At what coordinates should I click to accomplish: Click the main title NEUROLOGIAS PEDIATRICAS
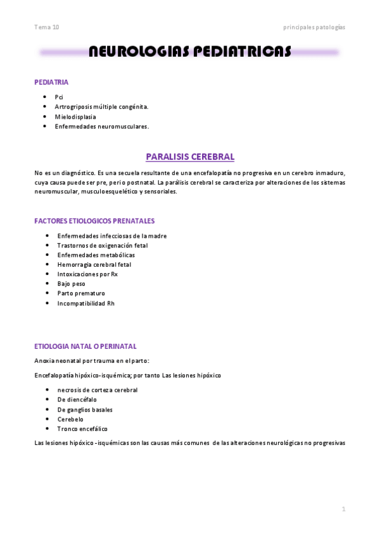[189, 52]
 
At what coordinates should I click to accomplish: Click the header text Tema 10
[47, 27]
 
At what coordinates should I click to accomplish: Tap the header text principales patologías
[314, 27]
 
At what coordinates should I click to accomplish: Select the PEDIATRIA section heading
[52, 82]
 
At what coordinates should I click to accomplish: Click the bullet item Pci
[59, 97]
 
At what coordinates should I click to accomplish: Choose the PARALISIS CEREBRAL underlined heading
[190, 157]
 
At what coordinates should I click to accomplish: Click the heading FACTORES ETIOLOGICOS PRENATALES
[94, 221]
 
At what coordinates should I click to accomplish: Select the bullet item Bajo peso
[71, 284]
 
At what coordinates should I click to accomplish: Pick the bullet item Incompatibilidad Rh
[86, 303]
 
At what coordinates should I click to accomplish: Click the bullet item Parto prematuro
[81, 293]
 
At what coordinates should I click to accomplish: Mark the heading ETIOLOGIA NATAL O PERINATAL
[85, 346]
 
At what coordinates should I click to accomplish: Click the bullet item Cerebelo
[70, 419]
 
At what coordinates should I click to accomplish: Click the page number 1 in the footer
[343, 509]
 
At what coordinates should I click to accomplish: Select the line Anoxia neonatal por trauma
[92, 361]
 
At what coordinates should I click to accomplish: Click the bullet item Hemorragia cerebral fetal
[94, 264]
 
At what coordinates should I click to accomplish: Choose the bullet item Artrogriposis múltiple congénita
[101, 107]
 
